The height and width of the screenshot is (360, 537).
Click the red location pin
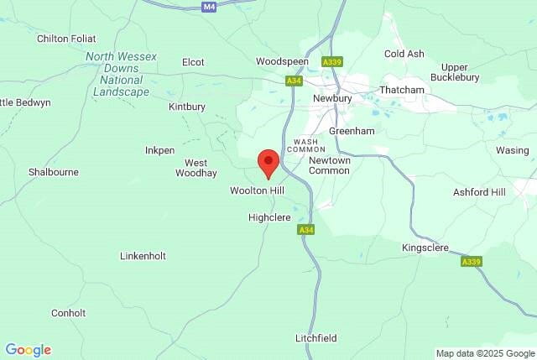(268, 162)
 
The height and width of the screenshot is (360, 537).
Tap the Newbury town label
(331, 97)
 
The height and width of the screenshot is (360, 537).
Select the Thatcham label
(402, 89)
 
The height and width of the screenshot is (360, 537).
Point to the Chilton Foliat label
(66, 39)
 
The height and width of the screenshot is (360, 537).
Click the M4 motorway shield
(210, 6)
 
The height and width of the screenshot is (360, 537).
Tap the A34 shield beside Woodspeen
(293, 81)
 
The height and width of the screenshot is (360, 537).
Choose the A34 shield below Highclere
(305, 230)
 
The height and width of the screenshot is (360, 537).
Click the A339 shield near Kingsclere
(472, 262)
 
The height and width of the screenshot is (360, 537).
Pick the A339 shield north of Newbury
(332, 62)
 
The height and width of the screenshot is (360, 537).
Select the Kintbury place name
(186, 107)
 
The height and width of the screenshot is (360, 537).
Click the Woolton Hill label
(258, 191)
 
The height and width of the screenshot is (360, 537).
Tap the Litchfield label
(316, 338)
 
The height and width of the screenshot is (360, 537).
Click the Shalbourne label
(54, 172)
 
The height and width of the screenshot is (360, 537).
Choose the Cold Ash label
(404, 54)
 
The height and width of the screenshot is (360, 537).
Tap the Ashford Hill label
(480, 192)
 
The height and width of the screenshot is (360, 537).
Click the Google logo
(28, 350)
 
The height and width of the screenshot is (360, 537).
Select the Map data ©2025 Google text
(485, 353)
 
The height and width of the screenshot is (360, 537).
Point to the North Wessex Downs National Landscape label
(117, 74)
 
